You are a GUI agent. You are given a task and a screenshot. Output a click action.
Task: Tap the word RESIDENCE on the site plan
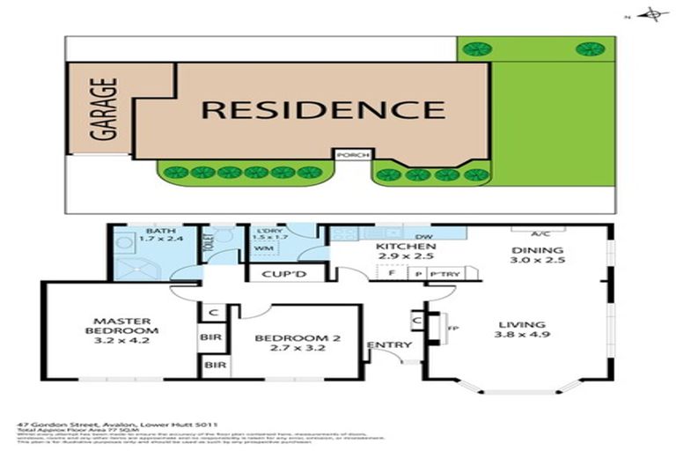pos(323,110)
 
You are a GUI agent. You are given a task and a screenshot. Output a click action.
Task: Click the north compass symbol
pos(652,14)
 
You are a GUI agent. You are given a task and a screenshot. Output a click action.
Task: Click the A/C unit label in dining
pos(541,234)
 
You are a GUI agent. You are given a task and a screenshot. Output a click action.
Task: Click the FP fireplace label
pos(454,329)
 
